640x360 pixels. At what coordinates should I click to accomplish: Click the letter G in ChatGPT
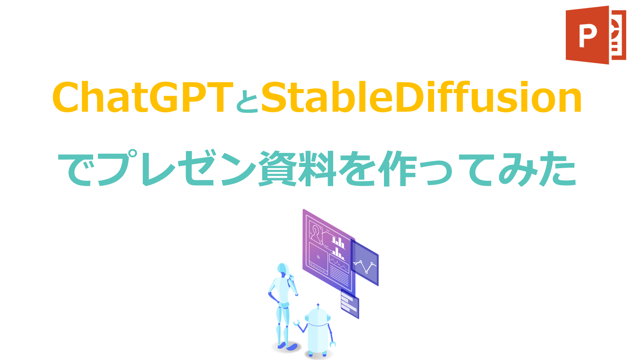tap(164, 97)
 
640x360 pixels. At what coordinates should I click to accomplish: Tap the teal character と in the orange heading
tap(247, 102)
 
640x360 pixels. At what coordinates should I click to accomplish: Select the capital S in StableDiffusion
tap(276, 97)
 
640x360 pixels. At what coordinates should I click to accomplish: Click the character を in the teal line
tap(358, 169)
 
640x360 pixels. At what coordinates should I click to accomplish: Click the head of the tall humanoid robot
tap(283, 269)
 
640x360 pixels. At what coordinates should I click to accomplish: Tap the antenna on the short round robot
tap(318, 307)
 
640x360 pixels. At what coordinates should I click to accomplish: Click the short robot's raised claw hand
tap(296, 323)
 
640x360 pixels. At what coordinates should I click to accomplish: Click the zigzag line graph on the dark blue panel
tap(365, 265)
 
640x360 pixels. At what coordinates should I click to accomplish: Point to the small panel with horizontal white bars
tap(349, 304)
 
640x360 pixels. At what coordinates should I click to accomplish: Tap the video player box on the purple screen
tap(318, 258)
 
